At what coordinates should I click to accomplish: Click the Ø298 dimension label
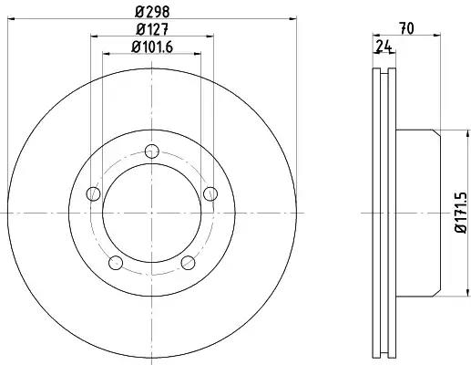tap(152, 12)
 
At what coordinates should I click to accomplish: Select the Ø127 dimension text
tap(152, 29)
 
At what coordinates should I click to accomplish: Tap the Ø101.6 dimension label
tap(152, 47)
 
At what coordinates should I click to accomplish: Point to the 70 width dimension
tap(407, 28)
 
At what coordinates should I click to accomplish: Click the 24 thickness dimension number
tap(384, 47)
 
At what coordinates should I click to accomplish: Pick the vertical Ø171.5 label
tap(461, 213)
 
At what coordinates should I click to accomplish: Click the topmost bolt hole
tap(152, 151)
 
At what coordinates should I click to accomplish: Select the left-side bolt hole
tap(94, 193)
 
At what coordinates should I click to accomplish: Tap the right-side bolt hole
tap(210, 193)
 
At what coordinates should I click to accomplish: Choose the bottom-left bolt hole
tap(116, 263)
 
